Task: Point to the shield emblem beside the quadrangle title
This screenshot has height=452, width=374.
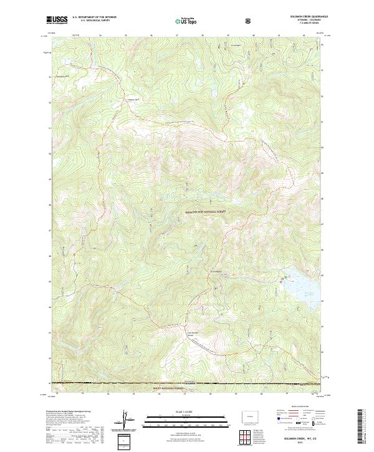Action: (249, 21)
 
